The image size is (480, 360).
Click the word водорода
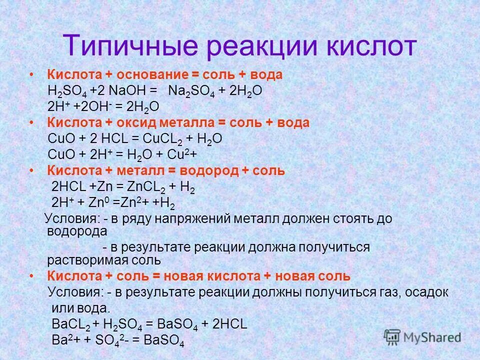77,231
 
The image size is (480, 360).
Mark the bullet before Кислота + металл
31,171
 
